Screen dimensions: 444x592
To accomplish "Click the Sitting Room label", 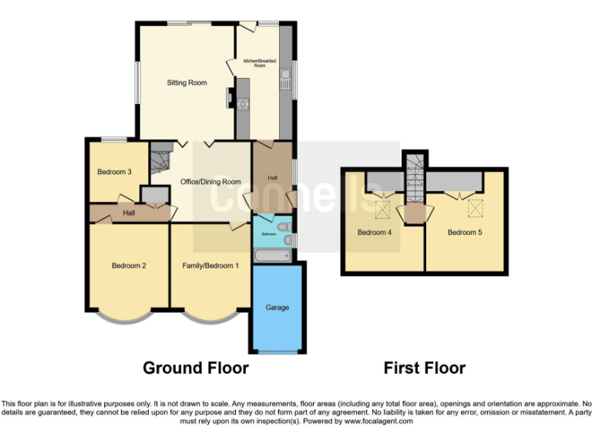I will (x=187, y=82).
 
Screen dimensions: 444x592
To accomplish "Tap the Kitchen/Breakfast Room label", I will (x=260, y=63).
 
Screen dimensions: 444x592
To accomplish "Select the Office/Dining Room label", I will (x=210, y=182).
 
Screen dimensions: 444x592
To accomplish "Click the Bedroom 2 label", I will (x=129, y=266).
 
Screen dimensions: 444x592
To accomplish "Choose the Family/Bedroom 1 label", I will (x=210, y=266).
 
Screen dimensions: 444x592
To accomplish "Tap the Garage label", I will (x=277, y=308).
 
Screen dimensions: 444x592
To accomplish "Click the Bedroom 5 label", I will (x=465, y=232).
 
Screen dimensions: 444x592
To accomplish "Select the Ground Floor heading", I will (x=196, y=368).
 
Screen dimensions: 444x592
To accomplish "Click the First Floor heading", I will (x=425, y=368).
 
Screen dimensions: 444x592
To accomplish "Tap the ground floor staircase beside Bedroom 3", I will (x=160, y=160).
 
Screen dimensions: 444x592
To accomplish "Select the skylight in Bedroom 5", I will (x=475, y=207).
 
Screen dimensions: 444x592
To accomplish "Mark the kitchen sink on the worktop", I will (x=285, y=76).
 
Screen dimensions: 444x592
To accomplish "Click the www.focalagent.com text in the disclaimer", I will (x=378, y=422).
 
